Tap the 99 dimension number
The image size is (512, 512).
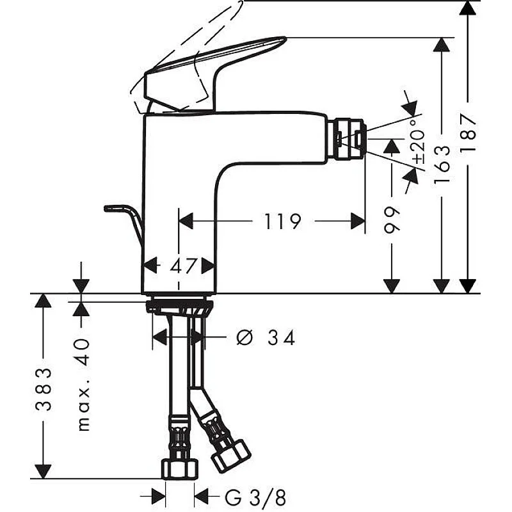392,219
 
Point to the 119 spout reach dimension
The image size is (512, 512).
282,221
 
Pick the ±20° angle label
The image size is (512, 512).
418,138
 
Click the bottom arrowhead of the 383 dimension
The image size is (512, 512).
43,471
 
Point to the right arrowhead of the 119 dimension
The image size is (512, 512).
358,221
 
